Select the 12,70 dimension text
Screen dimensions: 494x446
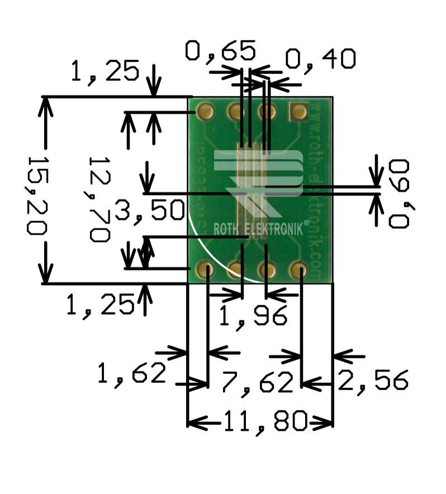pyautogui.click(x=99, y=198)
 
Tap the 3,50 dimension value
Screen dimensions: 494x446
pyautogui.click(x=149, y=211)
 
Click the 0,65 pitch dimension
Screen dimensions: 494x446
pyautogui.click(x=221, y=51)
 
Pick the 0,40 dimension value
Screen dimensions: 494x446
pyautogui.click(x=320, y=59)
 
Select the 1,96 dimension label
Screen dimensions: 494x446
pyautogui.click(x=253, y=316)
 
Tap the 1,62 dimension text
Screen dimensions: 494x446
pyautogui.click(x=132, y=373)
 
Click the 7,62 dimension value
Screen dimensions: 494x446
pyautogui.click(x=257, y=383)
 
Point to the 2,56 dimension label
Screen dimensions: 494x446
pyautogui.click(x=373, y=381)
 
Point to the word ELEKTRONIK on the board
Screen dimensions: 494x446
pyautogui.click(x=274, y=229)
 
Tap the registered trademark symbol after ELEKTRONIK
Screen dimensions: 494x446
pyautogui.click(x=306, y=224)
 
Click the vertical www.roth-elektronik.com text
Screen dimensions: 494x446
pyautogui.click(x=316, y=190)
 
